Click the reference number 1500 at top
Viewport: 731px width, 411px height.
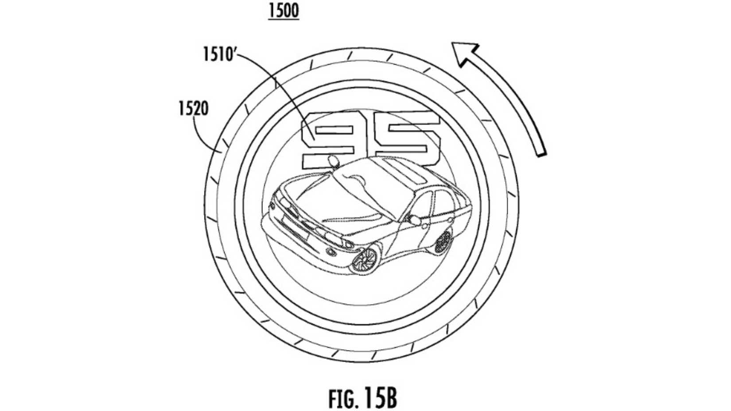[x=284, y=11]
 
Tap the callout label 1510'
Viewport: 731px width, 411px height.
[x=218, y=54]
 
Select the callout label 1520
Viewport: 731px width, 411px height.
[x=193, y=109]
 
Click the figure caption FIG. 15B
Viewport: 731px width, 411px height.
[x=362, y=397]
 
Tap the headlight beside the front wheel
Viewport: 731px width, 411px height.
[x=348, y=244]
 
